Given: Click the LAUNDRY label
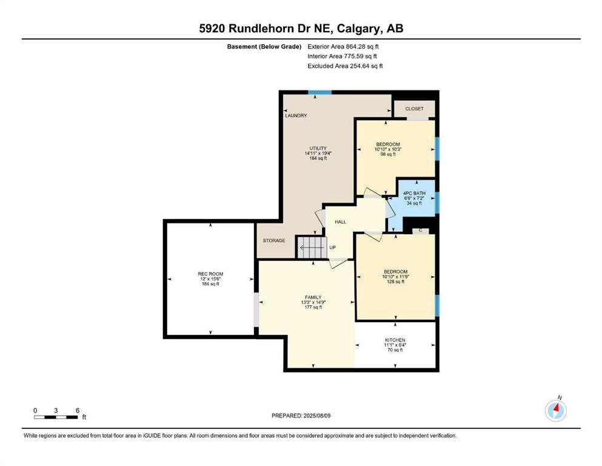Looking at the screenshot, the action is (296, 115).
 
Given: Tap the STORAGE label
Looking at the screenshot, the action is (274, 240).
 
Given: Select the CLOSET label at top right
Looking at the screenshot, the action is (414, 109).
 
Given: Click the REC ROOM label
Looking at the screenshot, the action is (210, 274).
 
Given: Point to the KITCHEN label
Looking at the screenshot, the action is (395, 340).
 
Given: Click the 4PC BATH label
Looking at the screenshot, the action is (414, 193).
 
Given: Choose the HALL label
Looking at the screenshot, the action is (340, 222).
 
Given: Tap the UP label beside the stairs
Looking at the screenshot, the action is (332, 248).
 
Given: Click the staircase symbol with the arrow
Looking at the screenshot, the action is (311, 248).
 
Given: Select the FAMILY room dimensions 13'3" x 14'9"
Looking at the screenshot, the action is (313, 302).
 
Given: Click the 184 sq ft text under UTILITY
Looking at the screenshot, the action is (318, 158).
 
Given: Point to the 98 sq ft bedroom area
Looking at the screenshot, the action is (388, 154).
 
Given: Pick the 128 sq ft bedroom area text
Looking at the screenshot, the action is (395, 282).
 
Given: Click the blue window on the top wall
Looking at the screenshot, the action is (320, 92).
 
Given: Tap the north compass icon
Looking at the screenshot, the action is (555, 410).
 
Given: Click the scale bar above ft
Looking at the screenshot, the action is (56, 417).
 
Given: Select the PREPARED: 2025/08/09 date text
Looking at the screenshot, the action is (301, 416).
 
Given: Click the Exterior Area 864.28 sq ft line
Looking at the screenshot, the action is (343, 47).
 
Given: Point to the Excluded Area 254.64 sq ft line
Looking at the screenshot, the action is (345, 66).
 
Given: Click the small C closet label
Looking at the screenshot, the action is (421, 231).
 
